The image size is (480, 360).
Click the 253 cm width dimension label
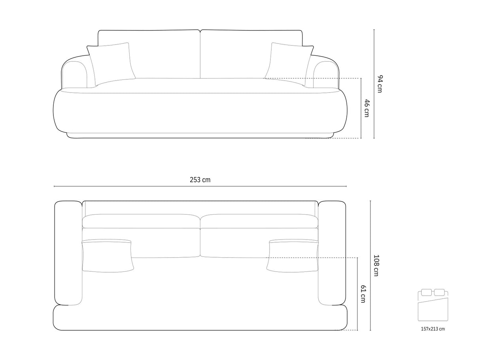(200, 180)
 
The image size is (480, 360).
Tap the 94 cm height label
(380, 83)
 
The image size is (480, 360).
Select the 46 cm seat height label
(367, 108)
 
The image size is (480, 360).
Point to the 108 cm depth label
(376, 265)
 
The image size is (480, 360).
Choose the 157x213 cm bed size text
(433, 328)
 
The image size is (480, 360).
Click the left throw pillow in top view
(108, 256)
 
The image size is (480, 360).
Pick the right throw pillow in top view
(293, 256)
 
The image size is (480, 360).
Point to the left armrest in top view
(68, 253)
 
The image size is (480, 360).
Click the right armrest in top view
(332, 253)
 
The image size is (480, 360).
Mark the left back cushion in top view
(141, 221)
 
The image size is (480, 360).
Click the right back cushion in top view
(259, 221)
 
